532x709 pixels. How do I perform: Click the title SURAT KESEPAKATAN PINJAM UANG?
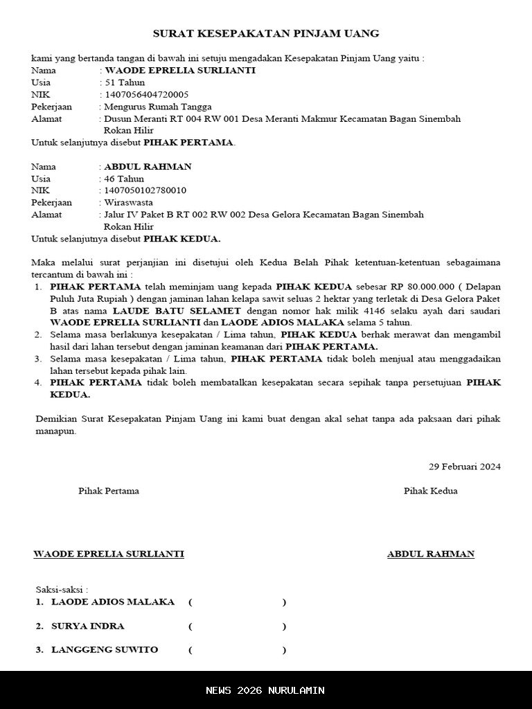pyautogui.click(x=265, y=33)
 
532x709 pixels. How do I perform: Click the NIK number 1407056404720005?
pyautogui.click(x=146, y=94)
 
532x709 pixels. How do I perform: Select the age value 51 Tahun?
pyautogui.click(x=125, y=82)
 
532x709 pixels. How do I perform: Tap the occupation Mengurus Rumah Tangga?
pyautogui.click(x=158, y=107)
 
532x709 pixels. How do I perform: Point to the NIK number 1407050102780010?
pyautogui.click(x=145, y=190)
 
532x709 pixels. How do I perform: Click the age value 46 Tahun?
pyautogui.click(x=124, y=179)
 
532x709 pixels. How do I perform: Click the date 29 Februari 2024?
pyautogui.click(x=465, y=467)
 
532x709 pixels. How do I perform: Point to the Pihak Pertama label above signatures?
pyautogui.click(x=109, y=491)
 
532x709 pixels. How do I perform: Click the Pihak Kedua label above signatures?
pyautogui.click(x=431, y=491)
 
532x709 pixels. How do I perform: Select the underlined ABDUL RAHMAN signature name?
pyautogui.click(x=431, y=554)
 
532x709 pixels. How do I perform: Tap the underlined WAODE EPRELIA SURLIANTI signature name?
pyautogui.click(x=109, y=554)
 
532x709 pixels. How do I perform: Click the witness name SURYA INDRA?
pyautogui.click(x=88, y=626)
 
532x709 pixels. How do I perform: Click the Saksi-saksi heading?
pyautogui.click(x=62, y=589)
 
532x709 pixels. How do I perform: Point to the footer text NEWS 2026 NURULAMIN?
pyautogui.click(x=265, y=690)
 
